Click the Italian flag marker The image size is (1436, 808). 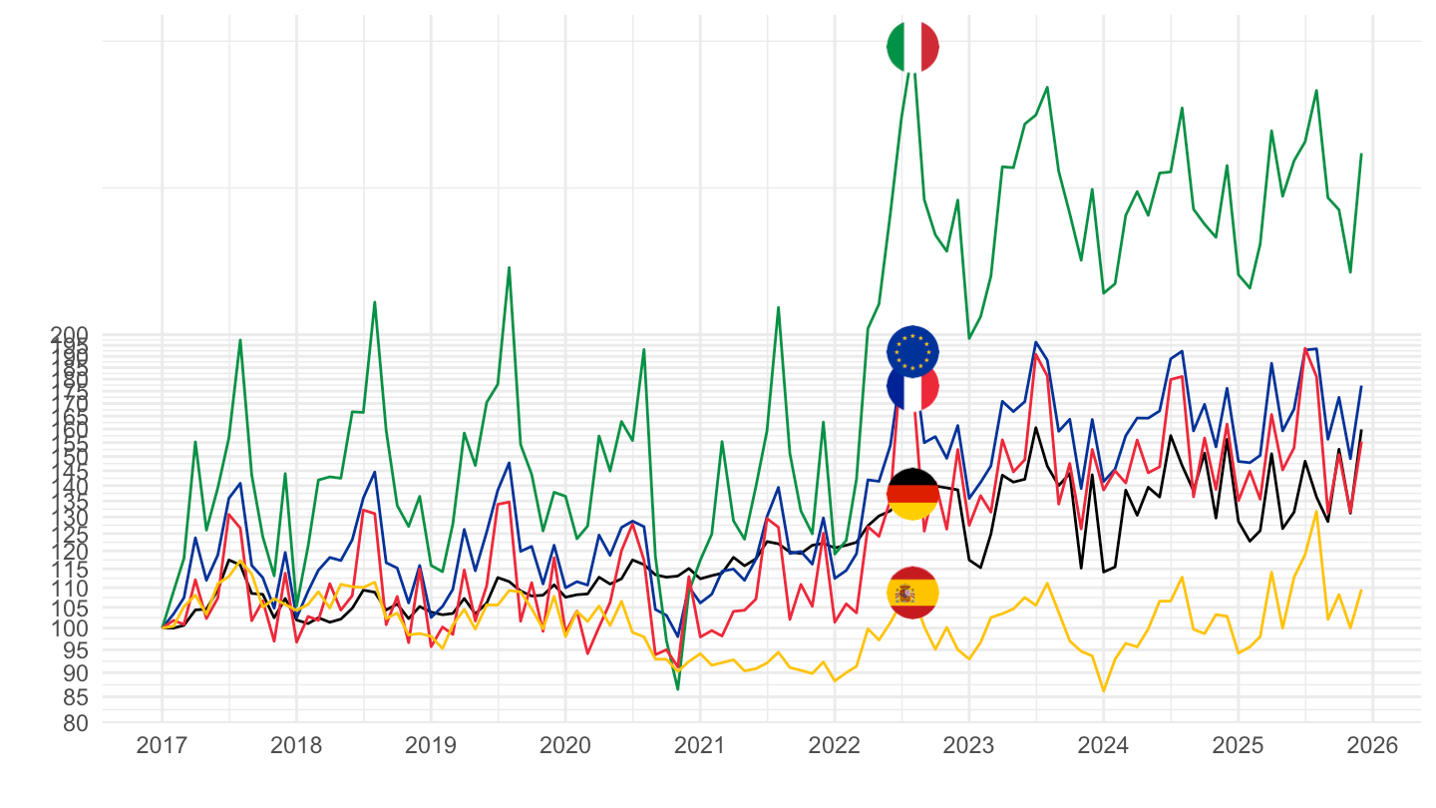[912, 46]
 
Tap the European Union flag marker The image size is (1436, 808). [912, 350]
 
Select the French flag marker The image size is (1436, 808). [912, 386]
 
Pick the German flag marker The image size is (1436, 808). [912, 494]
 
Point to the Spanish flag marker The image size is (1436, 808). [912, 593]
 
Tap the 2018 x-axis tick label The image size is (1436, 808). [296, 746]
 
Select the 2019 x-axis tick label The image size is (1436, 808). [431, 746]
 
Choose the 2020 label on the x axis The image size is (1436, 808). [565, 746]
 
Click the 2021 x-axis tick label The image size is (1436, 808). [700, 746]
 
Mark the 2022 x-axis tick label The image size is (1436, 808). [834, 746]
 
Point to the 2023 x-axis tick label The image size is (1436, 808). [968, 746]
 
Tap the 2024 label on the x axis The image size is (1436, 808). [1103, 746]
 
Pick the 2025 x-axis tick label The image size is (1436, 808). [1238, 746]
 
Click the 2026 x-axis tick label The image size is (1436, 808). [1372, 746]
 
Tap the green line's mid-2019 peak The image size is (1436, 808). [509, 267]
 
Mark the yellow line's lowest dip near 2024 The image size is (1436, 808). [1103, 690]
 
